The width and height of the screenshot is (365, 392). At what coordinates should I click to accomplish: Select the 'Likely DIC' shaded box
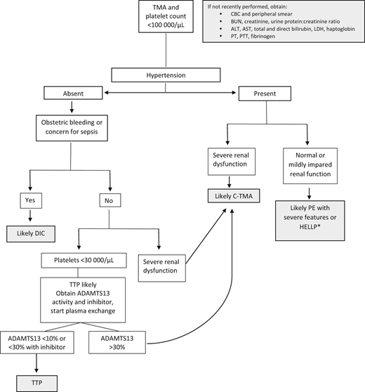[32, 232]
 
